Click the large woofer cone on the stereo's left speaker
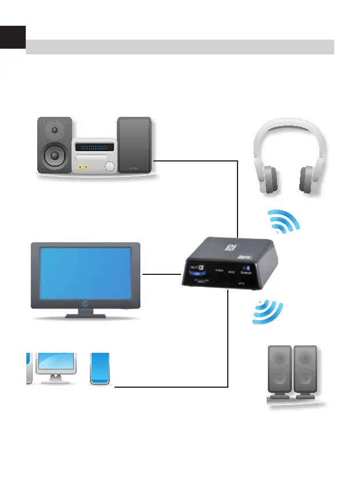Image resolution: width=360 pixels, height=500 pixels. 54,155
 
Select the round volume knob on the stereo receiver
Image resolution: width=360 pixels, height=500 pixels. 109,167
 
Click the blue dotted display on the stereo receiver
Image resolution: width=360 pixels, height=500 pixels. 94,147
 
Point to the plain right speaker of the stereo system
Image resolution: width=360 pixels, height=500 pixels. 134,145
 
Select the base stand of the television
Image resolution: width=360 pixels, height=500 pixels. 85,315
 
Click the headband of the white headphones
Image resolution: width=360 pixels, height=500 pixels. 289,129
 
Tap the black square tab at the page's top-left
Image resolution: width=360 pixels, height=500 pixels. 13,37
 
